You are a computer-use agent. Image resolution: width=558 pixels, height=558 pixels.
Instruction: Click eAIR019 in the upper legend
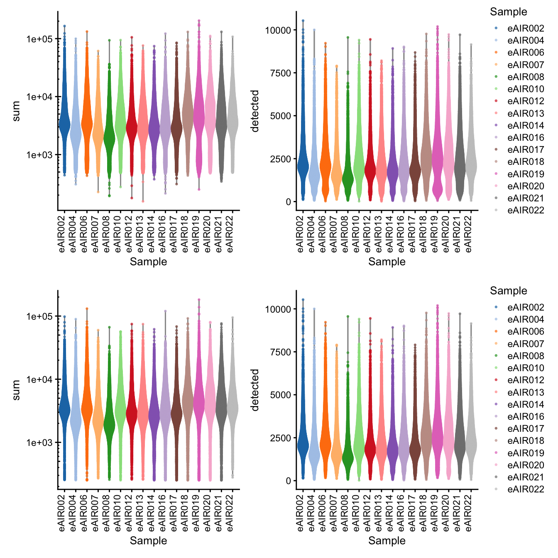(x=525, y=174)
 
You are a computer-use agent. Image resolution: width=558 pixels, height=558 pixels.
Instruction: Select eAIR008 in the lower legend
(x=525, y=356)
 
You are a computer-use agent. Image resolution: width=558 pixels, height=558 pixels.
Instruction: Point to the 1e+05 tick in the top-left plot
(x=39, y=39)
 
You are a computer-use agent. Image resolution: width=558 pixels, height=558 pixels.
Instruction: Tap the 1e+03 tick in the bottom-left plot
(x=39, y=443)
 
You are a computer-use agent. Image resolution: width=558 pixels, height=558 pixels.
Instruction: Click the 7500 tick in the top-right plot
(x=281, y=73)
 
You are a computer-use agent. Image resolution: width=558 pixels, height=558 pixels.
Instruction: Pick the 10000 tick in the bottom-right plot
(x=278, y=309)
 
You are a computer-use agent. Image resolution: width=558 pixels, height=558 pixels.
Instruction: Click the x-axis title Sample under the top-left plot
(x=148, y=262)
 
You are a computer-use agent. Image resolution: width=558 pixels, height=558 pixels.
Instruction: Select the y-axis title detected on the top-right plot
(x=255, y=111)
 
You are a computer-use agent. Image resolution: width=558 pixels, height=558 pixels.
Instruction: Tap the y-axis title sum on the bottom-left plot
(x=17, y=390)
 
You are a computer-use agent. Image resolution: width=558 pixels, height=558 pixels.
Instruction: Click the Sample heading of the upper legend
(x=508, y=12)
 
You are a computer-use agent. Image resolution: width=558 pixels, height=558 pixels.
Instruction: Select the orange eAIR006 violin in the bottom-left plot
(x=87, y=409)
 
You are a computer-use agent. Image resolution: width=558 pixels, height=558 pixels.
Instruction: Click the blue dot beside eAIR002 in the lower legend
(x=496, y=307)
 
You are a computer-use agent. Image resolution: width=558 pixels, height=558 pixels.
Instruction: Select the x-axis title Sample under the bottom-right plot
(x=387, y=541)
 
